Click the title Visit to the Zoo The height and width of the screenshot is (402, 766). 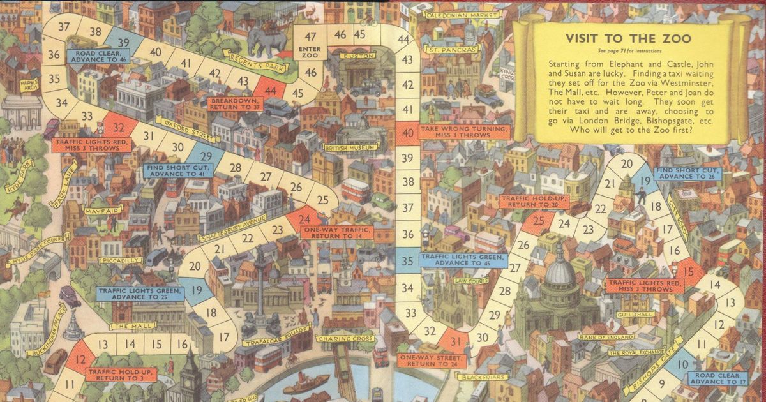[628, 38]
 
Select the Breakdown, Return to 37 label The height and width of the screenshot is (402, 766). [235, 104]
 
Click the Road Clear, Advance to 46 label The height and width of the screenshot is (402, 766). [97, 56]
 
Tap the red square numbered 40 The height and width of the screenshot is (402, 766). [407, 133]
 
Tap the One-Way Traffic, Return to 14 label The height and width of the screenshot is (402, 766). [329, 233]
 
